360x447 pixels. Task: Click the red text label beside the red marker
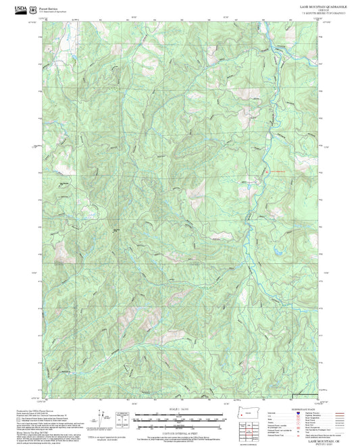pos(277,170)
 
